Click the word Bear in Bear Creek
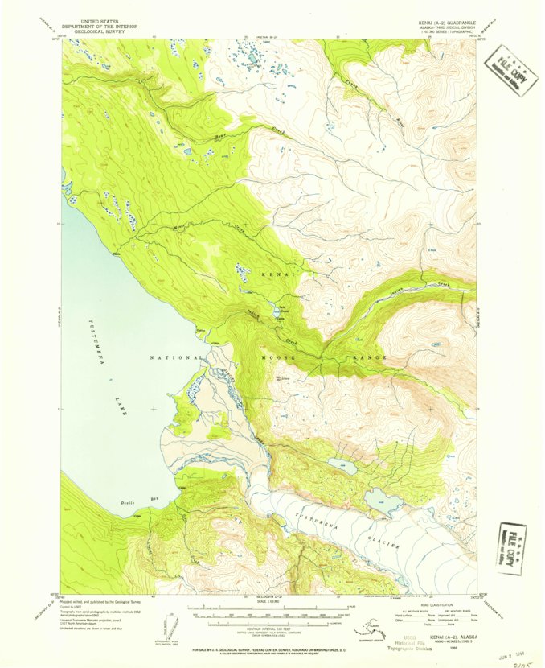pos(220,138)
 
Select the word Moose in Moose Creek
pos(181,229)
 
